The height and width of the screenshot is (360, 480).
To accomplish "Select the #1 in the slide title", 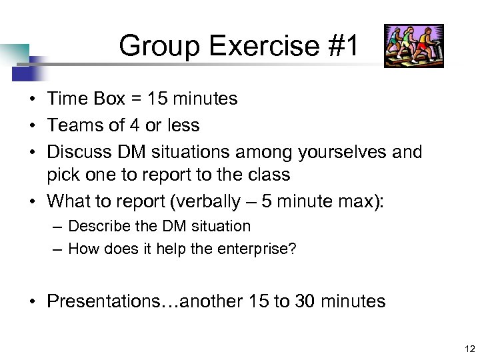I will [342, 47].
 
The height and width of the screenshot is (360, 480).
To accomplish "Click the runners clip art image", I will [413, 46].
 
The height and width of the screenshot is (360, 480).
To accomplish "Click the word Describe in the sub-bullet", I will [97, 226].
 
